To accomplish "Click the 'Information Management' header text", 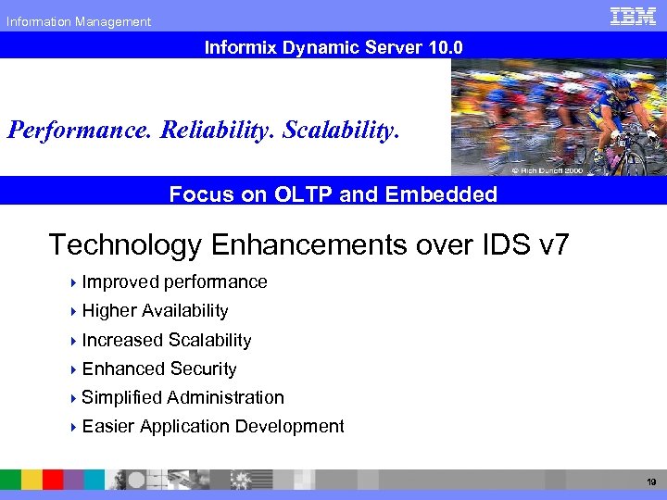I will coord(79,21).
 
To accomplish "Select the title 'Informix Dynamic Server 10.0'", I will coord(333,45).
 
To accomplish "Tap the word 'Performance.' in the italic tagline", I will coord(81,128).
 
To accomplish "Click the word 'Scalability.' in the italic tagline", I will coord(341,128).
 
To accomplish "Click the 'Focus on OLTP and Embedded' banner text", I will coord(333,194).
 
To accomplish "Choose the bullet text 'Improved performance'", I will coord(174,281).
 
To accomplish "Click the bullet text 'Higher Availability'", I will coord(155,310).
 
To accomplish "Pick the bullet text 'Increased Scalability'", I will coord(167,340).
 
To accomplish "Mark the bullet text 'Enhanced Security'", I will coord(159,369).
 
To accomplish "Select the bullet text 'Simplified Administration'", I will coord(182,397).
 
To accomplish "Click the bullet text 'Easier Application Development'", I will coord(213,426).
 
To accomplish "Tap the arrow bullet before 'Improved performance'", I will coord(73,282).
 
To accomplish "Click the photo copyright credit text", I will coord(547,170).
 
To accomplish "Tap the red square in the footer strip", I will coord(53,479).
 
